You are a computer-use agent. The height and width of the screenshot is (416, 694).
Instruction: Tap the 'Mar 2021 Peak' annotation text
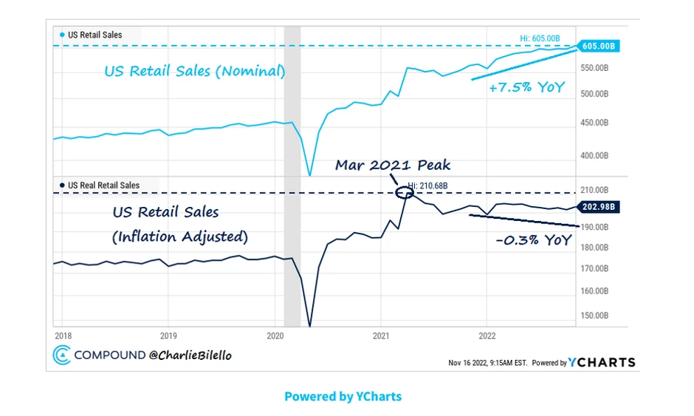[392, 165]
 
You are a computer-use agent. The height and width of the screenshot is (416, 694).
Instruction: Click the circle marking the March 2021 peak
[404, 194]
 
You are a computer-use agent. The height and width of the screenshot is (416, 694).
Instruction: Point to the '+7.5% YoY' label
[526, 87]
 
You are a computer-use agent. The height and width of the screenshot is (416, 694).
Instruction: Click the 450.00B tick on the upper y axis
[595, 123]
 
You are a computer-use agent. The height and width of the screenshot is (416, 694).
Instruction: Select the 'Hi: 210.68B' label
[427, 186]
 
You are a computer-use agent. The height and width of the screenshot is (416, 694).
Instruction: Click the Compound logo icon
[61, 355]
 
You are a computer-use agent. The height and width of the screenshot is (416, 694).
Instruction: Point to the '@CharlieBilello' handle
[190, 355]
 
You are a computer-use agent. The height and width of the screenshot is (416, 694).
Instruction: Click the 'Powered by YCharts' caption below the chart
[343, 396]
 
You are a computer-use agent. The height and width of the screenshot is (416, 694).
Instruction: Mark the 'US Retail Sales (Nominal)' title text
[194, 72]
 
